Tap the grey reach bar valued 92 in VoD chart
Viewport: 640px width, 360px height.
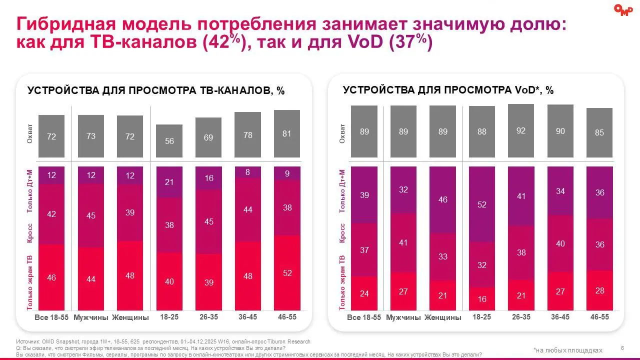point(520,130)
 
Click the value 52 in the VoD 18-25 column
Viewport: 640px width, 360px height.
point(482,204)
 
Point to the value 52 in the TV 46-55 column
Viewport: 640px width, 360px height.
point(286,273)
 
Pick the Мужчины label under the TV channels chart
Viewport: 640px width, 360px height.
point(91,317)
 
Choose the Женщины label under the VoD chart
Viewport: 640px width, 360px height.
point(442,317)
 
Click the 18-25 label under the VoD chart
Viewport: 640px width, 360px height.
point(482,317)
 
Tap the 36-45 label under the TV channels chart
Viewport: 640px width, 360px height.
point(247,317)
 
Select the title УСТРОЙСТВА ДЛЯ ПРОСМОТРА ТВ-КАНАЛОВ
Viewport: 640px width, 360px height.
point(156,90)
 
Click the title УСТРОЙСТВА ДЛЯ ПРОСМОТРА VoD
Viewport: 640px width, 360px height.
point(448,90)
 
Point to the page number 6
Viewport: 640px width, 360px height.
point(622,348)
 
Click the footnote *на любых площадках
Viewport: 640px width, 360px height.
point(567,350)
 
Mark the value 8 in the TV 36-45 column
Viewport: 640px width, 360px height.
point(247,172)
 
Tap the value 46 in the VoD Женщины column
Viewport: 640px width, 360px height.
point(442,199)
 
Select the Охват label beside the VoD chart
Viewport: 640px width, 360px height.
point(342,132)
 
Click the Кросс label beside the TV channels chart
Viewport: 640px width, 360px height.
point(30,233)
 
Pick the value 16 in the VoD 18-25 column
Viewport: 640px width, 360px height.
point(482,299)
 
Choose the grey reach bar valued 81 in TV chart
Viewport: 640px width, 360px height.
point(286,134)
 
